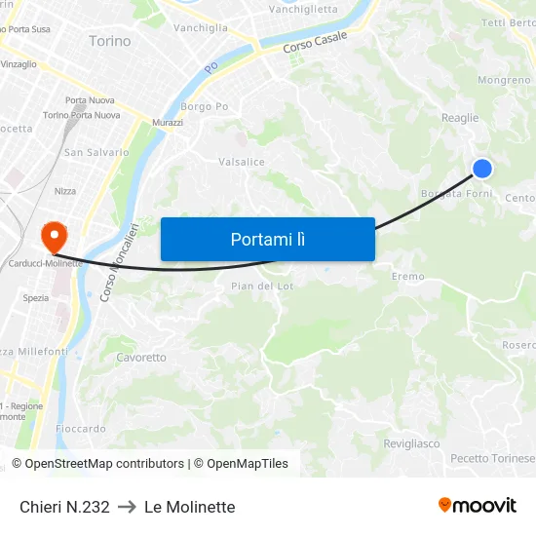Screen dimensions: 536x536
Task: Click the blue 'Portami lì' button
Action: [267, 239]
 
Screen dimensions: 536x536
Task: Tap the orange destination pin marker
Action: [53, 235]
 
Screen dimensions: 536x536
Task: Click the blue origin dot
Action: [481, 169]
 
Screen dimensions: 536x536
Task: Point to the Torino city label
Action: [109, 41]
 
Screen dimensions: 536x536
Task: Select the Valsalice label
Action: [242, 162]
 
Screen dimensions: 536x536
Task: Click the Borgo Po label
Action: [205, 106]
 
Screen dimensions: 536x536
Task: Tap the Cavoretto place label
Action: [141, 358]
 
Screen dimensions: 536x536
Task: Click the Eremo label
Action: [408, 277]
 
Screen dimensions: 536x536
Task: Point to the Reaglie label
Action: [460, 118]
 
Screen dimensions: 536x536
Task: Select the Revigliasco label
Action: [411, 443]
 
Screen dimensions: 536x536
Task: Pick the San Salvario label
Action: [96, 152]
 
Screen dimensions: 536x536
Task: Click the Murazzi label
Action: [167, 123]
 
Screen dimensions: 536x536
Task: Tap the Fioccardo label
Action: [81, 429]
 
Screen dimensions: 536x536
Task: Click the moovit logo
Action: [478, 505]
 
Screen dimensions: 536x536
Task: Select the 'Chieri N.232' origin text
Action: [64, 507]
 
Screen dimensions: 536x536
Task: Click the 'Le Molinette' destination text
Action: [189, 507]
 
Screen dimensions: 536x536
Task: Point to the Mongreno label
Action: [504, 80]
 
